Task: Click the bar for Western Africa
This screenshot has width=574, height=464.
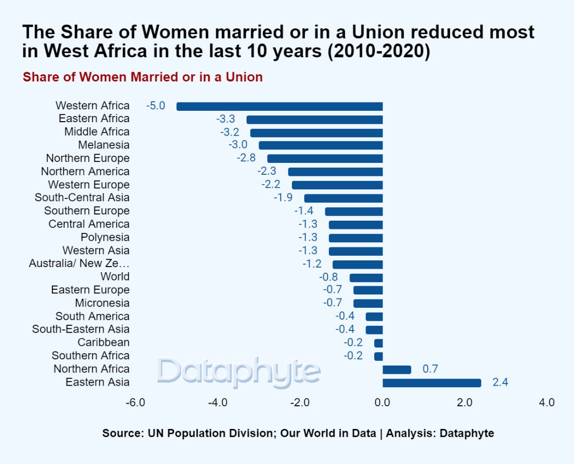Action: click(280, 106)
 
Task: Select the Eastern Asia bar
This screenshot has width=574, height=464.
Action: click(431, 383)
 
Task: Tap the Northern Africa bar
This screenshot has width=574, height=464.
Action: click(396, 369)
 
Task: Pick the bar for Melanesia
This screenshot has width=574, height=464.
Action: click(321, 145)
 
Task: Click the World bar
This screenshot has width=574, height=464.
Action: click(366, 277)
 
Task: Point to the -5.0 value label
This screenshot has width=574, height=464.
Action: click(155, 106)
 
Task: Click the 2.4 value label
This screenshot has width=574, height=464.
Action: click(500, 383)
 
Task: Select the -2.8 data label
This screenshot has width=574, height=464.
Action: click(246, 158)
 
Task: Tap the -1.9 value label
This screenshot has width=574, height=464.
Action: click(283, 197)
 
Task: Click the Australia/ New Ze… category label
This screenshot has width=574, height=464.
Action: click(79, 263)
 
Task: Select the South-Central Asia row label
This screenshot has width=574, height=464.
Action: click(82, 197)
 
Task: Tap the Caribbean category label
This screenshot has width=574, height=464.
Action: click(103, 342)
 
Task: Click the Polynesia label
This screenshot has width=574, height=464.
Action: click(105, 237)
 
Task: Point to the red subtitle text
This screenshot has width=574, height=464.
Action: click(143, 77)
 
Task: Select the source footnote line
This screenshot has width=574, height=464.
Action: click(298, 433)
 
